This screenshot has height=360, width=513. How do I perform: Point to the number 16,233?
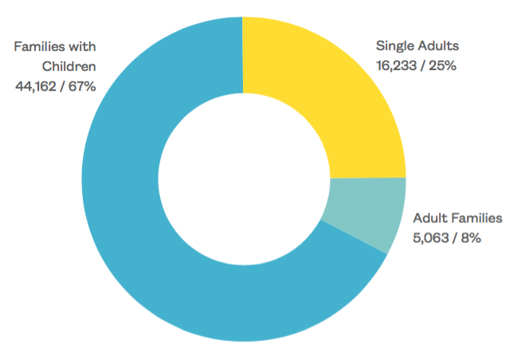[x=395, y=65]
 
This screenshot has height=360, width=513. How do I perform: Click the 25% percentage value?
[x=441, y=65]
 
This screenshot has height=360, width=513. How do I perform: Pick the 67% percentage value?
[x=83, y=85]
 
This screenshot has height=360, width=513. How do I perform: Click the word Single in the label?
[x=394, y=46]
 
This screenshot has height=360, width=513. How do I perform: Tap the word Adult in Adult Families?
[x=430, y=217]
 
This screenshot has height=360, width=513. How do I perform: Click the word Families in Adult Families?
[x=476, y=217]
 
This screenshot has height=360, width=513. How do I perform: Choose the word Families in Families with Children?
[x=40, y=46]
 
